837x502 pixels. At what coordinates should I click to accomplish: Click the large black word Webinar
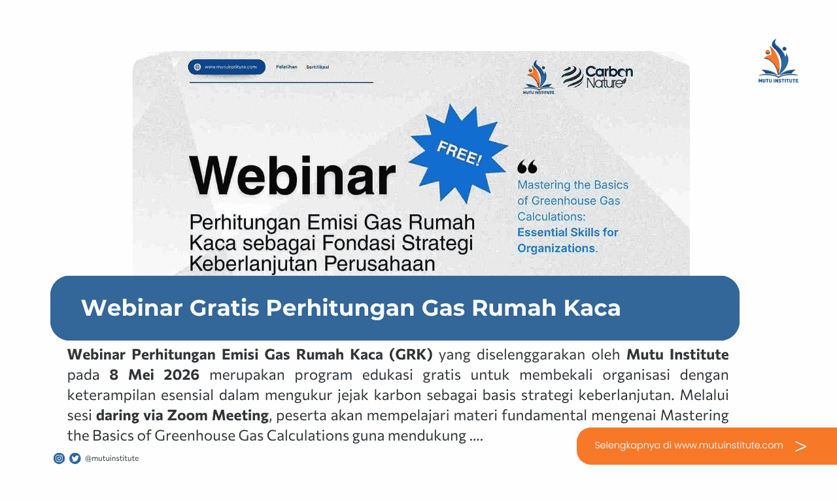pyautogui.click(x=292, y=175)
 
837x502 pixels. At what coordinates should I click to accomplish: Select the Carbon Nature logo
pyautogui.click(x=597, y=76)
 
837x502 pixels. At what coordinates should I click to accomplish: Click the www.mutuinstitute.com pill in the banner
pyautogui.click(x=226, y=67)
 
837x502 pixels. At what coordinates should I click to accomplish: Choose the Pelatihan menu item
pyautogui.click(x=286, y=67)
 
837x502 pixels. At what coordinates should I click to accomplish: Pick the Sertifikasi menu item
pyautogui.click(x=318, y=67)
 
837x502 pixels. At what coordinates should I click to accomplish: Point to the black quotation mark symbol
pyautogui.click(x=526, y=167)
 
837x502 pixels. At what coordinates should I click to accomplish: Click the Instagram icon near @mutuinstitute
pyautogui.click(x=59, y=458)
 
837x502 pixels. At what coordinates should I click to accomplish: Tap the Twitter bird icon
pyautogui.click(x=75, y=458)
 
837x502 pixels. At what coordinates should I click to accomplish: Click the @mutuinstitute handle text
pyautogui.click(x=112, y=458)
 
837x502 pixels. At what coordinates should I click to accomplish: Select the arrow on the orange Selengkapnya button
pyautogui.click(x=800, y=446)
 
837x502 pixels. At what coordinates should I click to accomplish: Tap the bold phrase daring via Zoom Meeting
pyautogui.click(x=182, y=414)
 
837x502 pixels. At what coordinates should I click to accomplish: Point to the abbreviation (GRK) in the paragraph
pyautogui.click(x=411, y=355)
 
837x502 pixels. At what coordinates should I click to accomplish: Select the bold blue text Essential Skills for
pyautogui.click(x=568, y=232)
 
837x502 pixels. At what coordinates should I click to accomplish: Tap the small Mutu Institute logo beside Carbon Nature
pyautogui.click(x=539, y=77)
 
